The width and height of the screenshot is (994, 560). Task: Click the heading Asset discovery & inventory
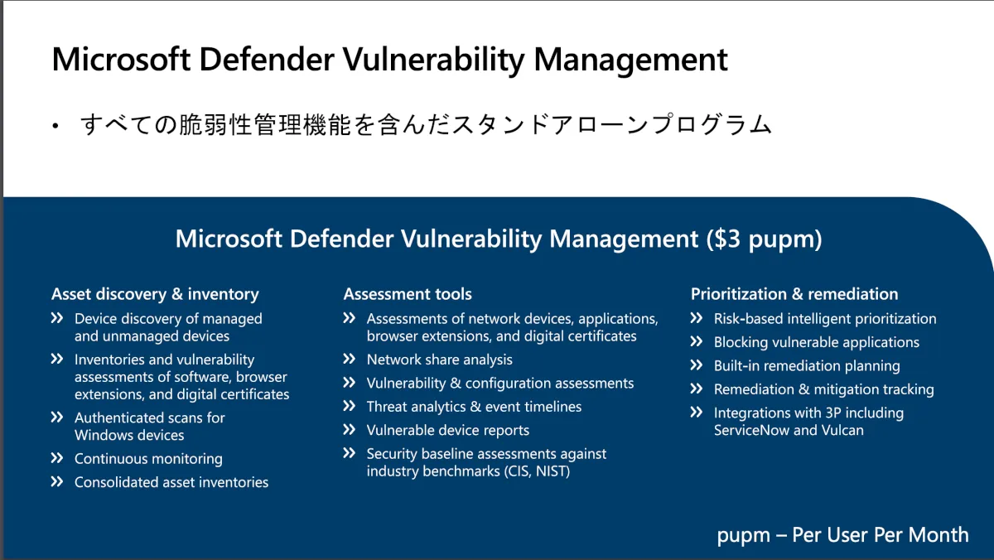pyautogui.click(x=155, y=294)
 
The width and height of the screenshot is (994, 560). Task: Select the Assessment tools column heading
pyautogui.click(x=408, y=294)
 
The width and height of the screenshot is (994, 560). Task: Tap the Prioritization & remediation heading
pyautogui.click(x=794, y=294)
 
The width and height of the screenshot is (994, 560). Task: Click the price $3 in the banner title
pyautogui.click(x=727, y=239)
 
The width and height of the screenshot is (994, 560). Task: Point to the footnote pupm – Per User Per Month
pyautogui.click(x=842, y=535)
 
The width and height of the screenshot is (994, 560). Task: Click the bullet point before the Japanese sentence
pyautogui.click(x=55, y=127)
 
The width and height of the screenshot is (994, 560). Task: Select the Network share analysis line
pyautogui.click(x=439, y=360)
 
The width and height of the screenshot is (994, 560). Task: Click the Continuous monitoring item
pyautogui.click(x=148, y=459)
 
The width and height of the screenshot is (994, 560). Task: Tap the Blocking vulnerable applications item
pyautogui.click(x=817, y=343)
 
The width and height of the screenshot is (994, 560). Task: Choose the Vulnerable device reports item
pyautogui.click(x=448, y=431)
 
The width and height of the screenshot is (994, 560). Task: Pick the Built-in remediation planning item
pyautogui.click(x=807, y=366)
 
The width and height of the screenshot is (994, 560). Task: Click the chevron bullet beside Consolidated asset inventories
pyautogui.click(x=57, y=482)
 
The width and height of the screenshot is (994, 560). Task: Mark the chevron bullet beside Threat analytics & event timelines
pyautogui.click(x=350, y=406)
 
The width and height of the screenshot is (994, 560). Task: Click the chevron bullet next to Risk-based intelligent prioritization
pyautogui.click(x=697, y=318)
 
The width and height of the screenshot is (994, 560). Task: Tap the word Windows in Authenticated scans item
pyautogui.click(x=103, y=435)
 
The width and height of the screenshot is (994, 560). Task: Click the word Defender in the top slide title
pyautogui.click(x=266, y=59)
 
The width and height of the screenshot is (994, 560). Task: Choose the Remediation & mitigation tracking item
pyautogui.click(x=823, y=389)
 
